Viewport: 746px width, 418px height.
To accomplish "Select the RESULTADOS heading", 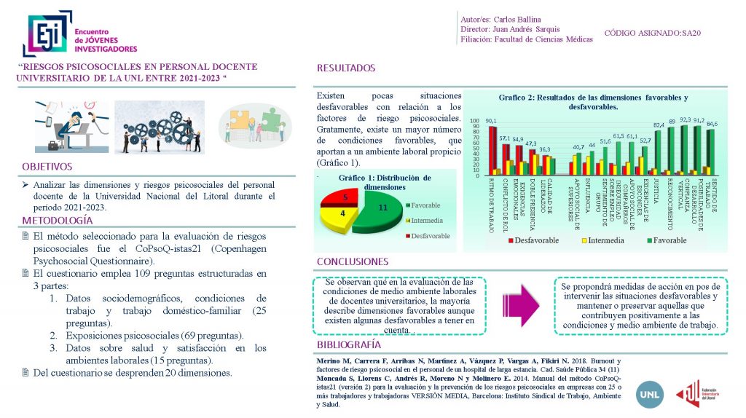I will coord(346,68).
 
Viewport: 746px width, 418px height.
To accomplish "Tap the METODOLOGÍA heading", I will coord(58,220).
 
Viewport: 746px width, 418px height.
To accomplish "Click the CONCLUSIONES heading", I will coord(353,261).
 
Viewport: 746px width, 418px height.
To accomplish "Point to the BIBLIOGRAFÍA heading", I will coord(349,344).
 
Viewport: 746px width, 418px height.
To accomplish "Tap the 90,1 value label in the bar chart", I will coord(492,121).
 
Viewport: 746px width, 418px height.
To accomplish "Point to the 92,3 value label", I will coord(686,119).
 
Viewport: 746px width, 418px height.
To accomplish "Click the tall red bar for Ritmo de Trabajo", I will coord(492,150).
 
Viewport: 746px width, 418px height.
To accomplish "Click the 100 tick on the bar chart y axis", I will coord(474,122).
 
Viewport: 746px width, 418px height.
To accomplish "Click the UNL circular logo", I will coord(649,394).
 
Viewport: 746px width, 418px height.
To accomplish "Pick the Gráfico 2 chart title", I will coord(593,101).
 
